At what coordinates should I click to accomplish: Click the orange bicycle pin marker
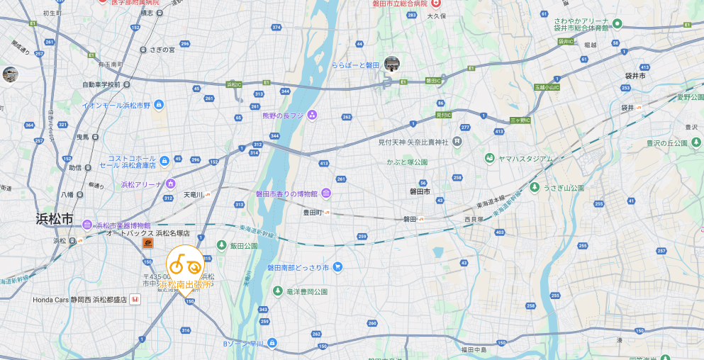tap(186, 266)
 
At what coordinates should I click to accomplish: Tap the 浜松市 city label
tap(55, 219)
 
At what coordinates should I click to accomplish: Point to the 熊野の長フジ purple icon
tap(312, 116)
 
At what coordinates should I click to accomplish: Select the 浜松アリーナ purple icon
tap(170, 184)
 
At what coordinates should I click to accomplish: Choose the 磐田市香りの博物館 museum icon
tap(325, 193)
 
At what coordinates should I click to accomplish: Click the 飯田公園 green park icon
tap(221, 246)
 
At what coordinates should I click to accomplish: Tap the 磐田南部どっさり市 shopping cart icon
tap(338, 267)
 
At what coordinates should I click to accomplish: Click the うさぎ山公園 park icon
tap(535, 188)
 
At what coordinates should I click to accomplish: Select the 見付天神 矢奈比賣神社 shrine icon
tap(457, 142)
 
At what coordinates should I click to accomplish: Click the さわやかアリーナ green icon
tap(617, 24)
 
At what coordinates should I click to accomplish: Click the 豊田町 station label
tap(313, 212)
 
